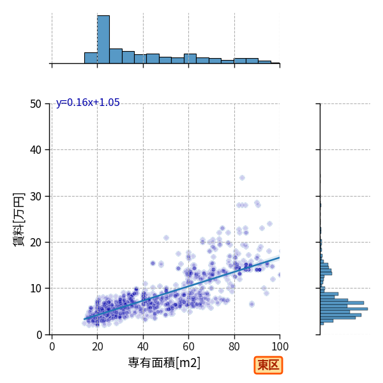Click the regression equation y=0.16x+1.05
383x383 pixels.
pos(88,102)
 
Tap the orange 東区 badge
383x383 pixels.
pos(268,365)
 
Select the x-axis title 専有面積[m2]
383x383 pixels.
pos(164,363)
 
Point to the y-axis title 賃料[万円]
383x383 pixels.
pos(19,220)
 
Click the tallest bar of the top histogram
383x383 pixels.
pos(103,40)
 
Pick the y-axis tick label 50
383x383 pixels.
pos(36,104)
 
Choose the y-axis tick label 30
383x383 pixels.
pos(36,197)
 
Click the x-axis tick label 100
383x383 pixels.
pos(280,347)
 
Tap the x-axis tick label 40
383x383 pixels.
pos(143,347)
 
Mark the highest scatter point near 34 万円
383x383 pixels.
pos(242,178)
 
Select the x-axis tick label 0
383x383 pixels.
pos(52,347)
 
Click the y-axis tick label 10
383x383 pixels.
pos(36,289)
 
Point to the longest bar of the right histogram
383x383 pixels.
pos(344,309)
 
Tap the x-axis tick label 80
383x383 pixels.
pos(234,347)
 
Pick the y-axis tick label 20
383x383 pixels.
pos(36,243)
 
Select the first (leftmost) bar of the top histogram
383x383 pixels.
pos(91,58)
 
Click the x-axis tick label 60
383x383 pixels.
pos(188,347)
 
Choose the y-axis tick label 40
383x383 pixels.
pos(36,150)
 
